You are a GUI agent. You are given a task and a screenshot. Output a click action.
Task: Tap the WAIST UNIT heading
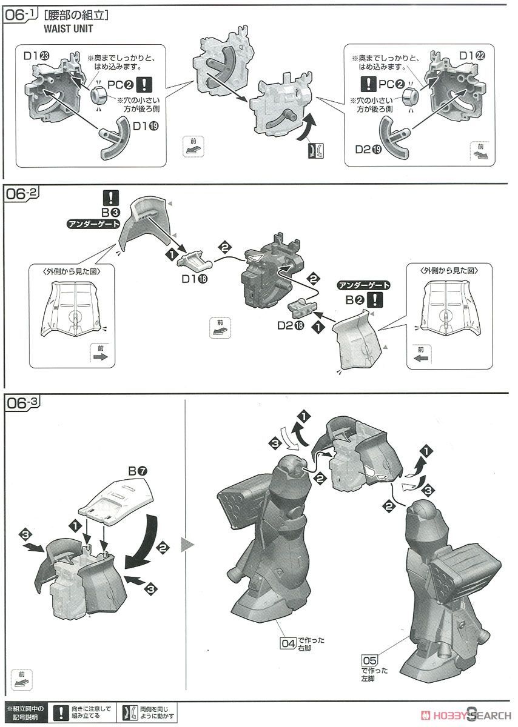click(x=69, y=29)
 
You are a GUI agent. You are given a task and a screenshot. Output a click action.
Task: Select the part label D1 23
click(x=37, y=56)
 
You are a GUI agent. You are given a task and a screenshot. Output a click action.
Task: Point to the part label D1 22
click(x=472, y=56)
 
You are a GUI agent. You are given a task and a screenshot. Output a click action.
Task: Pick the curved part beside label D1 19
click(x=114, y=138)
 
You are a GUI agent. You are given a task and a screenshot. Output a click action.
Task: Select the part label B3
click(x=110, y=213)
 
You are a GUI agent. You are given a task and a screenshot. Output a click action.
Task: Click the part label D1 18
click(x=195, y=279)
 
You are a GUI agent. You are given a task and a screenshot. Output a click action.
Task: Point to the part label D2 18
click(x=291, y=325)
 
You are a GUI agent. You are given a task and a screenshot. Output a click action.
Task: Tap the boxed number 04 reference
click(x=288, y=643)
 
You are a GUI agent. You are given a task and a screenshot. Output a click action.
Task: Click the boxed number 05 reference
click(x=369, y=660)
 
